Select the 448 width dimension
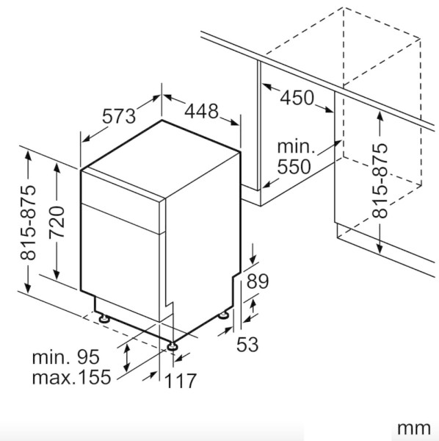[201, 111]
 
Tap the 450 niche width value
[296, 96]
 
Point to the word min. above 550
[296, 146]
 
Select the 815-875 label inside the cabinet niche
[380, 179]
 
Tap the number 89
[258, 281]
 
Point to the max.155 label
[71, 378]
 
